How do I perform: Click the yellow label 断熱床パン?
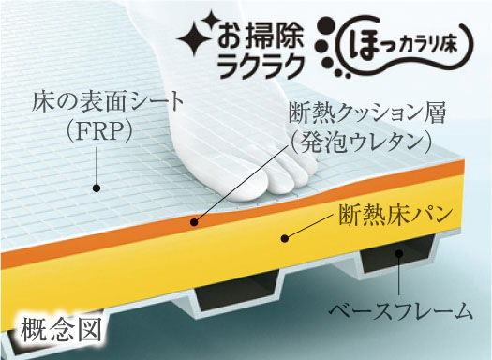(395, 221)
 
